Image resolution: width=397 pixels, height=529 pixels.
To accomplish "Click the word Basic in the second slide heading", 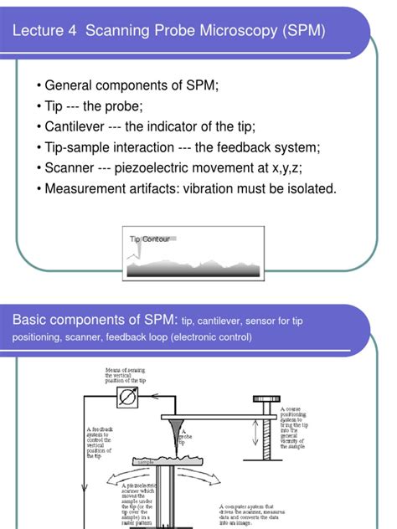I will point(31,321).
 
